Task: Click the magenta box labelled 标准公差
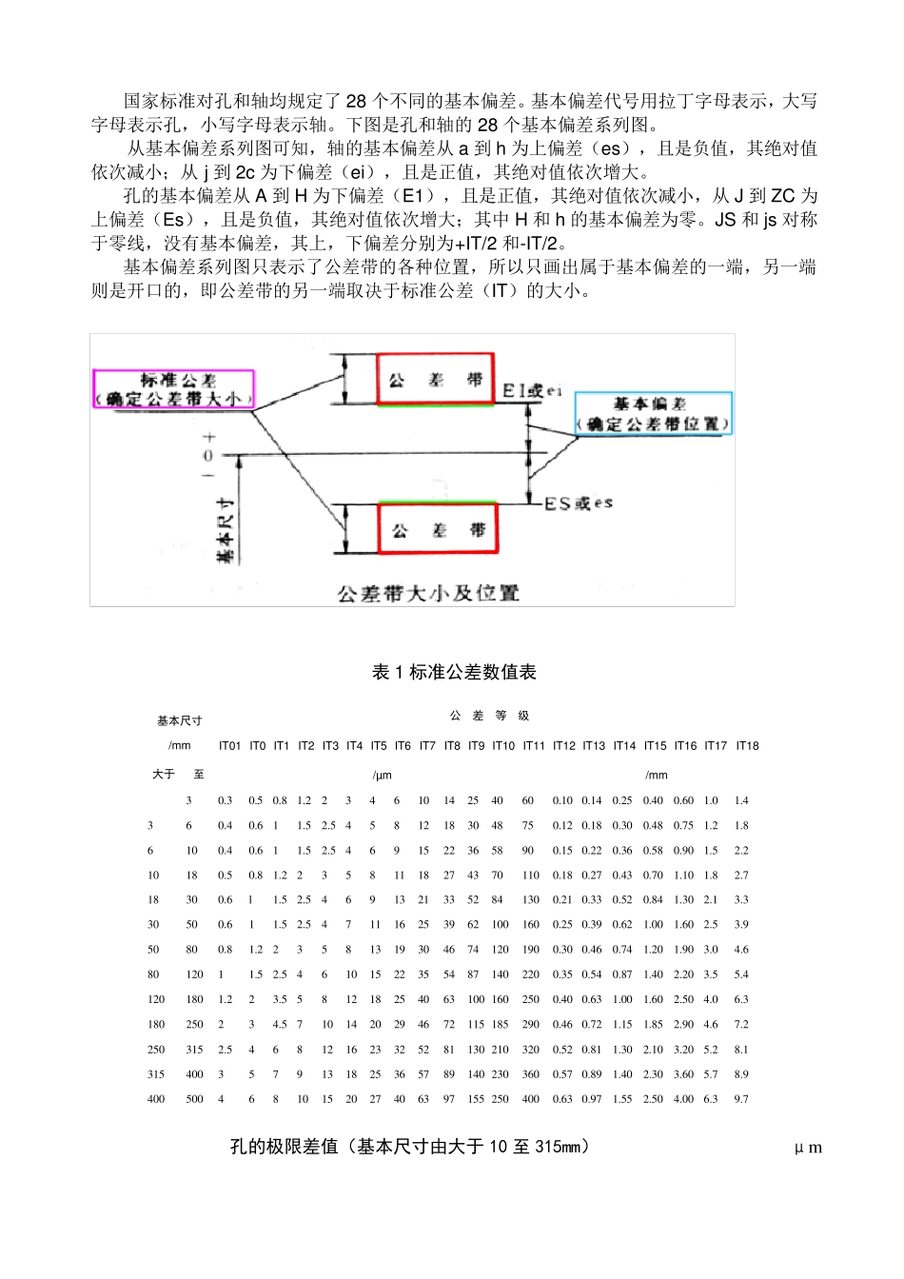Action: (174, 389)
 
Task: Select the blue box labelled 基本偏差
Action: (654, 414)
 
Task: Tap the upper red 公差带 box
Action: (436, 380)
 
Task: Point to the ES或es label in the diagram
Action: (579, 502)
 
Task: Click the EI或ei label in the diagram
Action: (532, 390)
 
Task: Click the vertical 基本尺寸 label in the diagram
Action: (226, 529)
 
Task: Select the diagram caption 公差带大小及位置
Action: (428, 593)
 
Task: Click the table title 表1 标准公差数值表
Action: (454, 672)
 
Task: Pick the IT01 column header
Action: (229, 746)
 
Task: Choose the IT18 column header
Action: (747, 746)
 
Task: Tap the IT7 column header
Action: (427, 746)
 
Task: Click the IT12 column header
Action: (563, 746)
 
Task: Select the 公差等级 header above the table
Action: (490, 716)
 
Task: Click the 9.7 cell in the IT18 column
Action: (741, 1099)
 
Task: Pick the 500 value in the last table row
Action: (194, 1099)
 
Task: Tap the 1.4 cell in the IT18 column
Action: (741, 800)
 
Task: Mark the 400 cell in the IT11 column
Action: (530, 1099)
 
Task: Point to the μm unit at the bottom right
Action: (808, 1148)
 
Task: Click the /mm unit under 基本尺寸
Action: (180, 746)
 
